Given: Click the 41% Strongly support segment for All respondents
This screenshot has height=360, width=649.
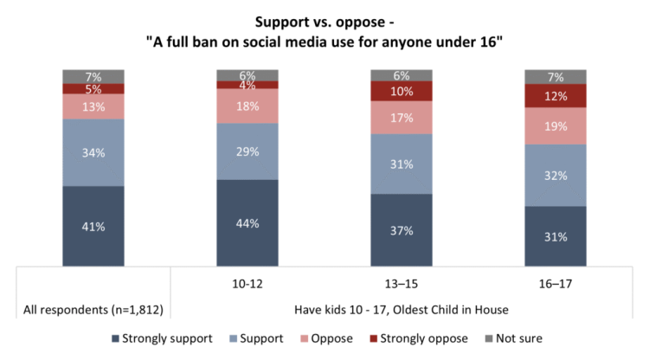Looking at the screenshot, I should [x=93, y=226].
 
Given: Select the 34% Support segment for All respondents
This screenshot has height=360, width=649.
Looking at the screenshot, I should [x=93, y=152].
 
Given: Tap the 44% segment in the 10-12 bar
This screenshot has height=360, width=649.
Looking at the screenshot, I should [x=247, y=222].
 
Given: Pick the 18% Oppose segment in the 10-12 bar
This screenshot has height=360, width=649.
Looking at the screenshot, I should [x=247, y=106].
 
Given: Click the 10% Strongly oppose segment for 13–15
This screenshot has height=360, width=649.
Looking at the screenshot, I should [x=402, y=91].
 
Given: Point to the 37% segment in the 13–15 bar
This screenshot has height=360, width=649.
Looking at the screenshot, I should [x=402, y=230].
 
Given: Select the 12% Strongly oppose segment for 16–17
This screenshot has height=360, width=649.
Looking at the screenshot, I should [x=556, y=95].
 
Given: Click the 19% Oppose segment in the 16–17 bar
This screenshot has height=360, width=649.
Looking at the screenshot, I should [x=556, y=125].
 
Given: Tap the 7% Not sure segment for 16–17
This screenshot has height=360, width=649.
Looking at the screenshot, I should [x=556, y=76].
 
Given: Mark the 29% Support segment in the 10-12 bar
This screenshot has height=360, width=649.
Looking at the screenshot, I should [x=247, y=151].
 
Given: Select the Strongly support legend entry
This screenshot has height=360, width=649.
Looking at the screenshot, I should [x=163, y=338].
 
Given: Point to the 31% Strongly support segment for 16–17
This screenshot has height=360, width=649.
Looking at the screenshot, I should [x=556, y=236].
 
